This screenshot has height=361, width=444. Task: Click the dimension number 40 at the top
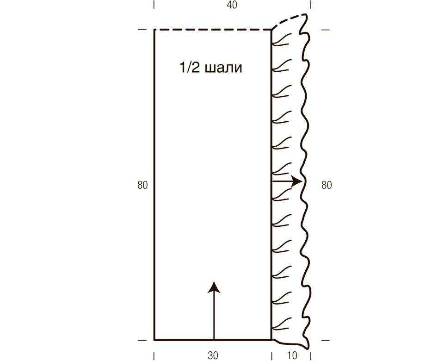[x=232, y=5]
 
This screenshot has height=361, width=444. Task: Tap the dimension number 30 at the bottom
[x=213, y=355]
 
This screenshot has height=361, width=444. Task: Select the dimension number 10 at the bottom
[x=292, y=355]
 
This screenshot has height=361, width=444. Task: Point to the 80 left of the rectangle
[x=143, y=185]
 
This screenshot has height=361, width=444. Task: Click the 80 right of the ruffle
[x=326, y=185]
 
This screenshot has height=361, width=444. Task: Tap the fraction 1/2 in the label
[x=190, y=68]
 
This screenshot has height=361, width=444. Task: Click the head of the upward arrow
[x=214, y=287]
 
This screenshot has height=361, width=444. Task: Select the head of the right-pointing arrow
[x=297, y=181]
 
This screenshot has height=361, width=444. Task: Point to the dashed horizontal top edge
[x=213, y=30]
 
